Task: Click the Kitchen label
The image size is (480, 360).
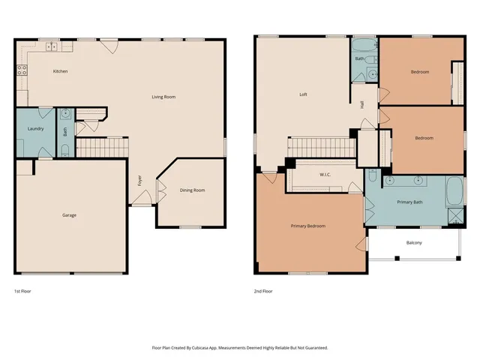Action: coord(60,71)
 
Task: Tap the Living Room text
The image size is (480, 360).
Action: coord(163,97)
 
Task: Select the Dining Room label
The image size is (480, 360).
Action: coord(192,190)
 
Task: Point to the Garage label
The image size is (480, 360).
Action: coord(69,215)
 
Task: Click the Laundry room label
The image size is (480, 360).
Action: coord(35,128)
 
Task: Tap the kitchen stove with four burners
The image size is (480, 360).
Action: coord(22,71)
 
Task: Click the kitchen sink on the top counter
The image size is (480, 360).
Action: coord(52,46)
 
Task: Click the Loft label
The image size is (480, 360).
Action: coord(303,94)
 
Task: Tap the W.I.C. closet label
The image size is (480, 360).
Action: coord(325,175)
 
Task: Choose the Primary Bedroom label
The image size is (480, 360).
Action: coord(307,226)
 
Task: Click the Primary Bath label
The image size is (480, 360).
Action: coord(409,202)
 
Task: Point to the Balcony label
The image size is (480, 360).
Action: coord(414,242)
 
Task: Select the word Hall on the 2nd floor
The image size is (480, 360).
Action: coord(363,104)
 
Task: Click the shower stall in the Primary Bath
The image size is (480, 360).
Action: coord(455,216)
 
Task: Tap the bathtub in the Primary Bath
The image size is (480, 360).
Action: coord(454,192)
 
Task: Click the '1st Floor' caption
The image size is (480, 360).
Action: coord(22,290)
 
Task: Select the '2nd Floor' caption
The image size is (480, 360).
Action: coord(264,290)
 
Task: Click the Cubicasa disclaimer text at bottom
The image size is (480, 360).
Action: coord(240,347)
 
